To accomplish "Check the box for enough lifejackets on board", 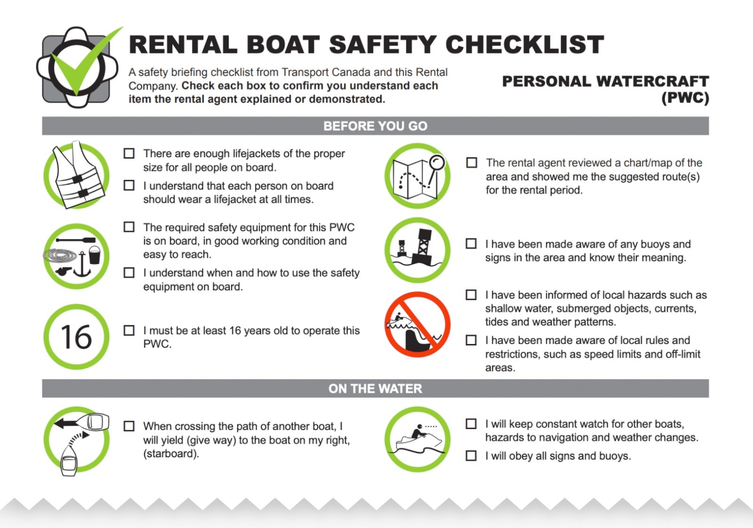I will click(129, 153).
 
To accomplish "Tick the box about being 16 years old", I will click(129, 330).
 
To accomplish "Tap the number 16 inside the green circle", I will click(76, 337).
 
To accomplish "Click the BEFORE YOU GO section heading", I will click(375, 126).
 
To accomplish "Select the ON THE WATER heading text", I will click(375, 389).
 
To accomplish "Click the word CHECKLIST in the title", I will click(524, 45).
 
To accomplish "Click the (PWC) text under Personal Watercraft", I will click(685, 98).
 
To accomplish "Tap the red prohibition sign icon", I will click(417, 325).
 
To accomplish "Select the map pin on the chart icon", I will click(436, 163).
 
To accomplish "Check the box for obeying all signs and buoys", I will click(471, 456).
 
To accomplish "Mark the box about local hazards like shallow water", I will click(471, 295).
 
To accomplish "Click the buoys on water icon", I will click(417, 250).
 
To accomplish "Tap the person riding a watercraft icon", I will click(417, 439).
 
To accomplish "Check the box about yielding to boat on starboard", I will click(129, 426).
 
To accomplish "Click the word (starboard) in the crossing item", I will click(171, 454).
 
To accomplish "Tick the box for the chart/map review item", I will click(472, 162).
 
